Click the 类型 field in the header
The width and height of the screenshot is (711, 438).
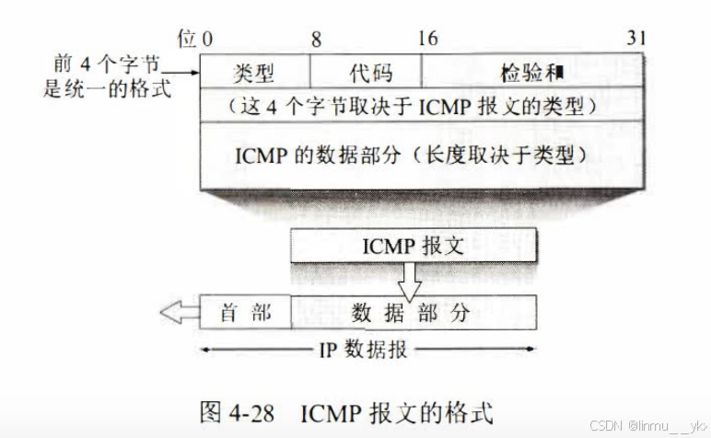coord(255,73)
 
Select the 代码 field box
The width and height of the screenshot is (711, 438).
coord(366,73)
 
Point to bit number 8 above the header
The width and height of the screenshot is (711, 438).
coord(316,40)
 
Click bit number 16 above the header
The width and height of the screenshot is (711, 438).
coord(427,40)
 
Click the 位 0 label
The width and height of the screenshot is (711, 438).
coord(195,40)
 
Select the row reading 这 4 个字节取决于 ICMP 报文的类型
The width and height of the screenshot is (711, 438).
coord(420,106)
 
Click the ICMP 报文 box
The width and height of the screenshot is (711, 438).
coord(414,247)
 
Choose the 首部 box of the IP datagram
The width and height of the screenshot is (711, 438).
coord(246,313)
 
